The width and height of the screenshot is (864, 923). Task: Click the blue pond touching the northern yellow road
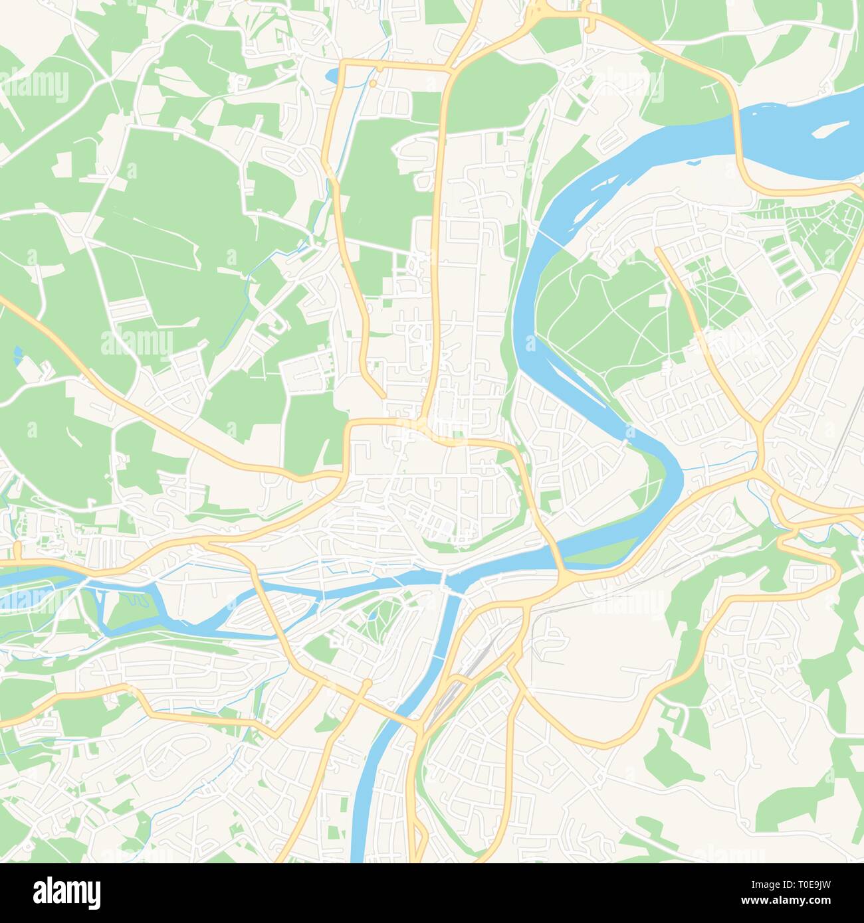[332, 75]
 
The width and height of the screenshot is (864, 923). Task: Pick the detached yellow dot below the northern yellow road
[374, 84]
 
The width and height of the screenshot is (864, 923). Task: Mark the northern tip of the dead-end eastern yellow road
[658, 250]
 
